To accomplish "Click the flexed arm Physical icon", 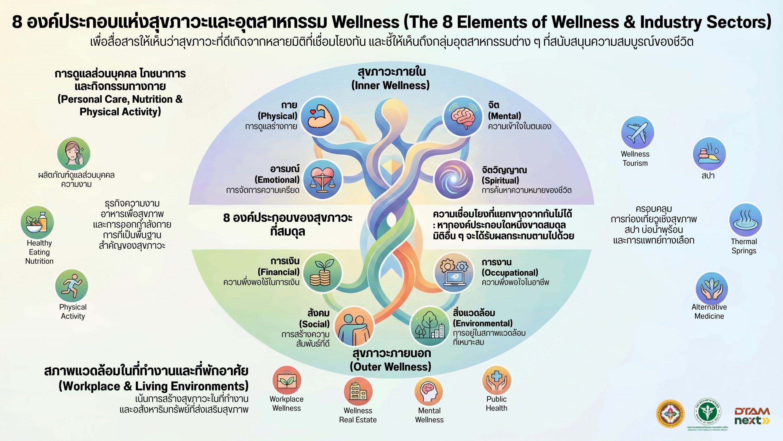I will pos(320,116).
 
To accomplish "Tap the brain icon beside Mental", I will pos(463,116).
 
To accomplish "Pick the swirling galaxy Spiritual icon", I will pos(454,180).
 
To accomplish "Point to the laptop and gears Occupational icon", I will pos(454,273).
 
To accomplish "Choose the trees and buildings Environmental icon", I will pos(429,326).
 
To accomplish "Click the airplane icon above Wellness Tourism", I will pos(637,133).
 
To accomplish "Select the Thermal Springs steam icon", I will pos(745,220).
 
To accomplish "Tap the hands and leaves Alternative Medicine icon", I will pos(712,288).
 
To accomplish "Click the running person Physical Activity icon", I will pos(72,286).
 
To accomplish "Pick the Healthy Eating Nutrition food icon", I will pos(37,222).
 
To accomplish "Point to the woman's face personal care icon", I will pos(74,153).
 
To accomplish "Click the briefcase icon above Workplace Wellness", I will pos(287,380).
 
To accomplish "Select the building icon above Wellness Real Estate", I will pos(358,391).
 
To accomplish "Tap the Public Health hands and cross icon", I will pos(496,380).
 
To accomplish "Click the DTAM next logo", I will pos(752,416).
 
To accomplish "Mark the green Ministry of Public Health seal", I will pos(707,412).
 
